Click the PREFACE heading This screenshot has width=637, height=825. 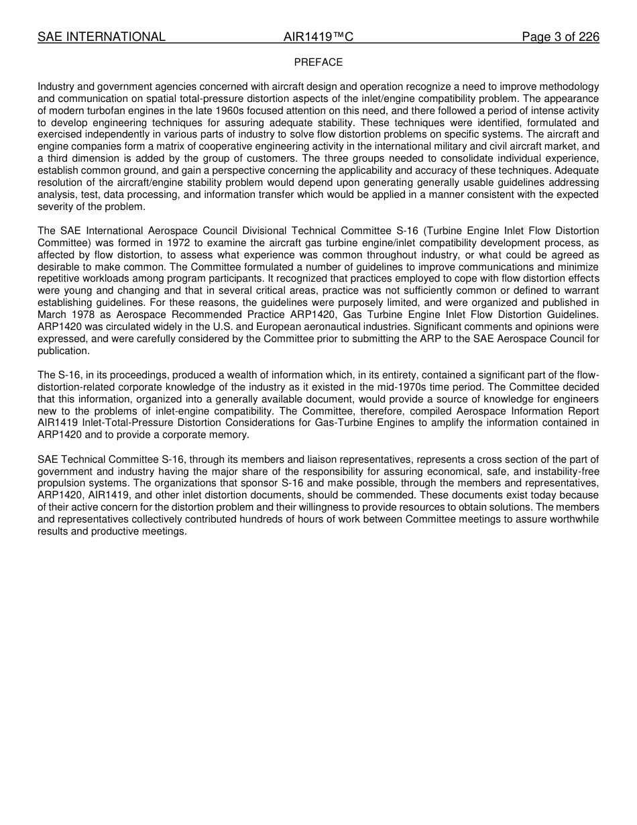coord(318,62)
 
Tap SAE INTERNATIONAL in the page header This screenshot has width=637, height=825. coord(101,37)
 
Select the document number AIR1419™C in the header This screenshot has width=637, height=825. coord(318,37)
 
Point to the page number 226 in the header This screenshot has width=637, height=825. coord(589,37)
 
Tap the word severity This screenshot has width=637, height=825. coord(56,207)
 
